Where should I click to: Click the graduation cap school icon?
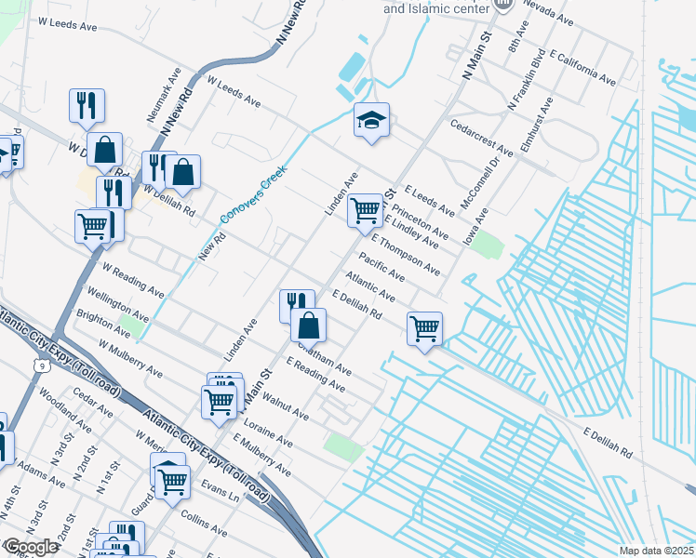tap(371, 120)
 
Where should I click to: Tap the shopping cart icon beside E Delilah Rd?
tap(424, 328)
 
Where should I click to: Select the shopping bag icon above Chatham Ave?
tap(308, 325)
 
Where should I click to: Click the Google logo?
tap(31, 547)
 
